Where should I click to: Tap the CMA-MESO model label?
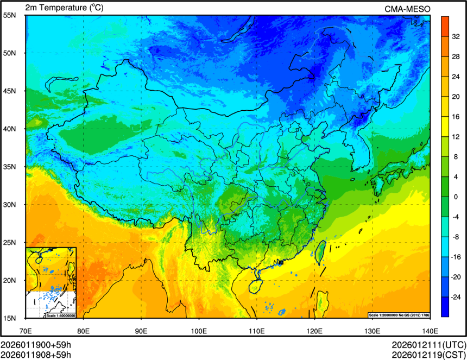[407, 9]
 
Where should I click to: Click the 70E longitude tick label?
[26, 330]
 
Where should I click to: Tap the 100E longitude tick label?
[199, 330]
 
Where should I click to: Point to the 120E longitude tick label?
[314, 330]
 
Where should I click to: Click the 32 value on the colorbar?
[456, 36]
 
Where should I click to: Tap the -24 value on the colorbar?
[456, 297]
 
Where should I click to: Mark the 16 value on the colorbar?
[456, 116]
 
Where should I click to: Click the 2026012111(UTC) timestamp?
[428, 345]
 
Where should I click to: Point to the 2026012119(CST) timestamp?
[428, 355]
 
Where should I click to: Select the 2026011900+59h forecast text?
[36, 345]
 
